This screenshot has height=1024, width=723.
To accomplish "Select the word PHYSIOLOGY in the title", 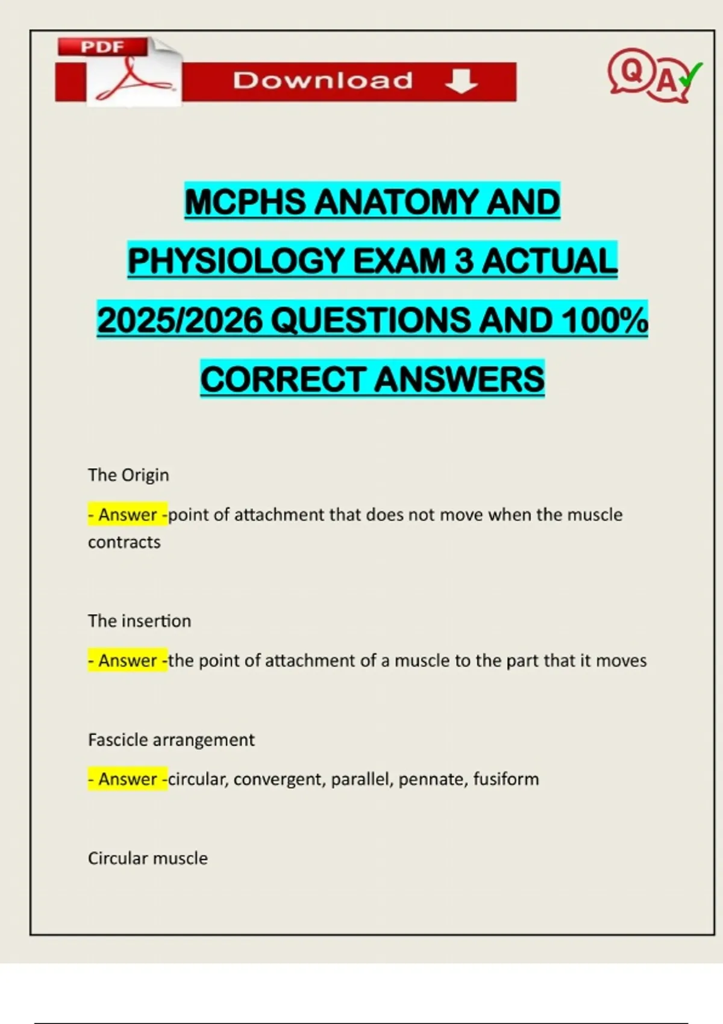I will (236, 261).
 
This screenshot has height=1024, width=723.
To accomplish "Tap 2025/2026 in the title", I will (180, 320).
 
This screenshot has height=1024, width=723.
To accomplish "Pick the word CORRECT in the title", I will (283, 379).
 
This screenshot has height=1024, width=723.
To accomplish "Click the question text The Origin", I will (128, 475).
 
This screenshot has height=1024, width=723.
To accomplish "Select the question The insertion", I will (139, 621).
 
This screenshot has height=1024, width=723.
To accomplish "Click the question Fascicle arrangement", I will (171, 740).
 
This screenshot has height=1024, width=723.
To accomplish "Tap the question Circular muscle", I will (148, 858).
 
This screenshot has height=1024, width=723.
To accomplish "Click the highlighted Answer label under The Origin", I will (128, 515).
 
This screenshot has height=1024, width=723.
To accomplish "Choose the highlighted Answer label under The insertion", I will (128, 661).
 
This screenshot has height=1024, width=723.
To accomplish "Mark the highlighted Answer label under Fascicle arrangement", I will (128, 779).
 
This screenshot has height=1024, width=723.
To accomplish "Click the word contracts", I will (124, 543).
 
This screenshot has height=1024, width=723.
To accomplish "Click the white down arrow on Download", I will (462, 81).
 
